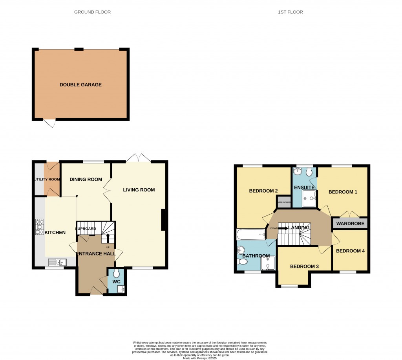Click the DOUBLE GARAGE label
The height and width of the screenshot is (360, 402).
point(80,84)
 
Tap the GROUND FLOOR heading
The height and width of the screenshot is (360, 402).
point(92,12)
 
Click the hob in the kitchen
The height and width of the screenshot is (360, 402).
point(40,227)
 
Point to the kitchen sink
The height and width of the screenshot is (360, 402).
point(57,262)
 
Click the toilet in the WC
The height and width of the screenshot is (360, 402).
point(117,274)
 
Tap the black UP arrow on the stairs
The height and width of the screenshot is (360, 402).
point(108,238)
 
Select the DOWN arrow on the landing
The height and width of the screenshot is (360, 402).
point(283,228)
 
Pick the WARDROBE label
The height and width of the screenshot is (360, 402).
point(350,224)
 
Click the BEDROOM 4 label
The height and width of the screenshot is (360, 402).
point(351,251)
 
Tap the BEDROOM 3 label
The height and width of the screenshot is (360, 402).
point(304,266)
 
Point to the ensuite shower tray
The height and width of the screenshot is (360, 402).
point(309,200)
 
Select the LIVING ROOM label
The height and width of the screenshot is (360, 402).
point(139,190)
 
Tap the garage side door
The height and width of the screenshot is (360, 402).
point(49,123)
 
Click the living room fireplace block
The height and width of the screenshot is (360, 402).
point(164,220)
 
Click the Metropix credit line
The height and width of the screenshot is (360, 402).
point(201,358)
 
